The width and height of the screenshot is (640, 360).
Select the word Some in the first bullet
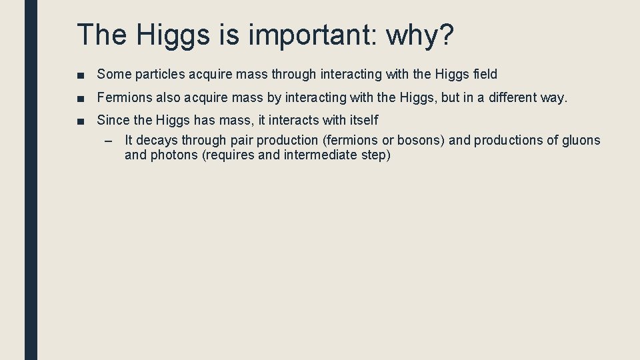point(114,74)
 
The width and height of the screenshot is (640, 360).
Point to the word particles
point(160,74)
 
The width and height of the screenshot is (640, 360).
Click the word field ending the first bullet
point(485,74)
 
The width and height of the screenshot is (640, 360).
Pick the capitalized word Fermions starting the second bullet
point(125,97)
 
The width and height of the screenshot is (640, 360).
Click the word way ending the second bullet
point(553,97)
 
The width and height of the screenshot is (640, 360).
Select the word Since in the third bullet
point(113,120)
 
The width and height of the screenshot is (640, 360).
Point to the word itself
point(359,120)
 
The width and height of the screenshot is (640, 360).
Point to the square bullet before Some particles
point(81,75)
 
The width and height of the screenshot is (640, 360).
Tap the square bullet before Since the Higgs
point(81,121)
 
